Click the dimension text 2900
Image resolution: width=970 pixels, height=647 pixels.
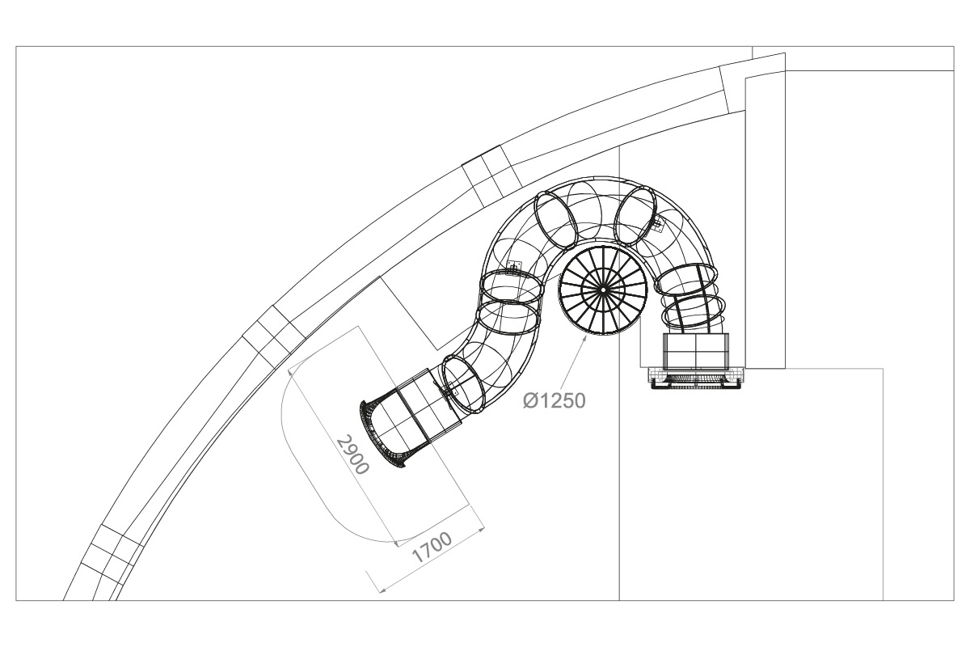(353, 455)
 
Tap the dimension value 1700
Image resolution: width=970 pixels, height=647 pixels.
(432, 548)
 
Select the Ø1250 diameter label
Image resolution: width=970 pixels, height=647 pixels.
(555, 400)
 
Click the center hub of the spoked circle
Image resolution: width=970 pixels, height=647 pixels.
(602, 289)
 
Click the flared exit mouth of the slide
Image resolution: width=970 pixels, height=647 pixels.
(382, 433)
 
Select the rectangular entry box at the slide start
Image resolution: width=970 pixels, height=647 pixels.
(696, 350)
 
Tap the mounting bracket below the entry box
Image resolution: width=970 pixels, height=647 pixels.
(695, 378)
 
